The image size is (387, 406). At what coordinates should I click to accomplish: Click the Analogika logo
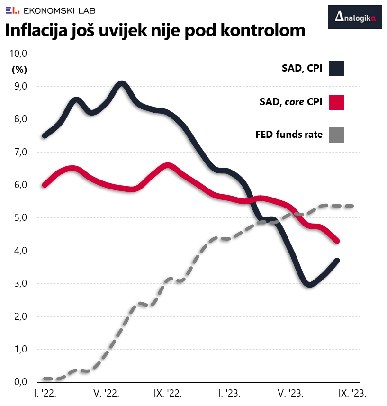(355, 18)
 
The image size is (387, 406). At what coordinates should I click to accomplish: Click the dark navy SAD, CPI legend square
(337, 69)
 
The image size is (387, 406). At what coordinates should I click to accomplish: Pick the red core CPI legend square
(337, 102)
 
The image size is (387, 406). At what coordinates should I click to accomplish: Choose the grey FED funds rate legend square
(337, 135)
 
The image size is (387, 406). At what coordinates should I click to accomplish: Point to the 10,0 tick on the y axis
(18, 54)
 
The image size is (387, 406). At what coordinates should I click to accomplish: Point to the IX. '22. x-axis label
(168, 393)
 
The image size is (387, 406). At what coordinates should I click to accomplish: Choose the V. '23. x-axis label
(290, 393)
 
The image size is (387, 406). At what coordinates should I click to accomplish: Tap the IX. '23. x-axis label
(352, 393)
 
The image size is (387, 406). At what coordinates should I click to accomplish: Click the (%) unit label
(19, 69)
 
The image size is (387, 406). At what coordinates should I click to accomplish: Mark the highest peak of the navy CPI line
(122, 84)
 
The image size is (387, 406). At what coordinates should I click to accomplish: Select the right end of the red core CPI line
(337, 241)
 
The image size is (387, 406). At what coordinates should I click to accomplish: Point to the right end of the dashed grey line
(353, 206)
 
